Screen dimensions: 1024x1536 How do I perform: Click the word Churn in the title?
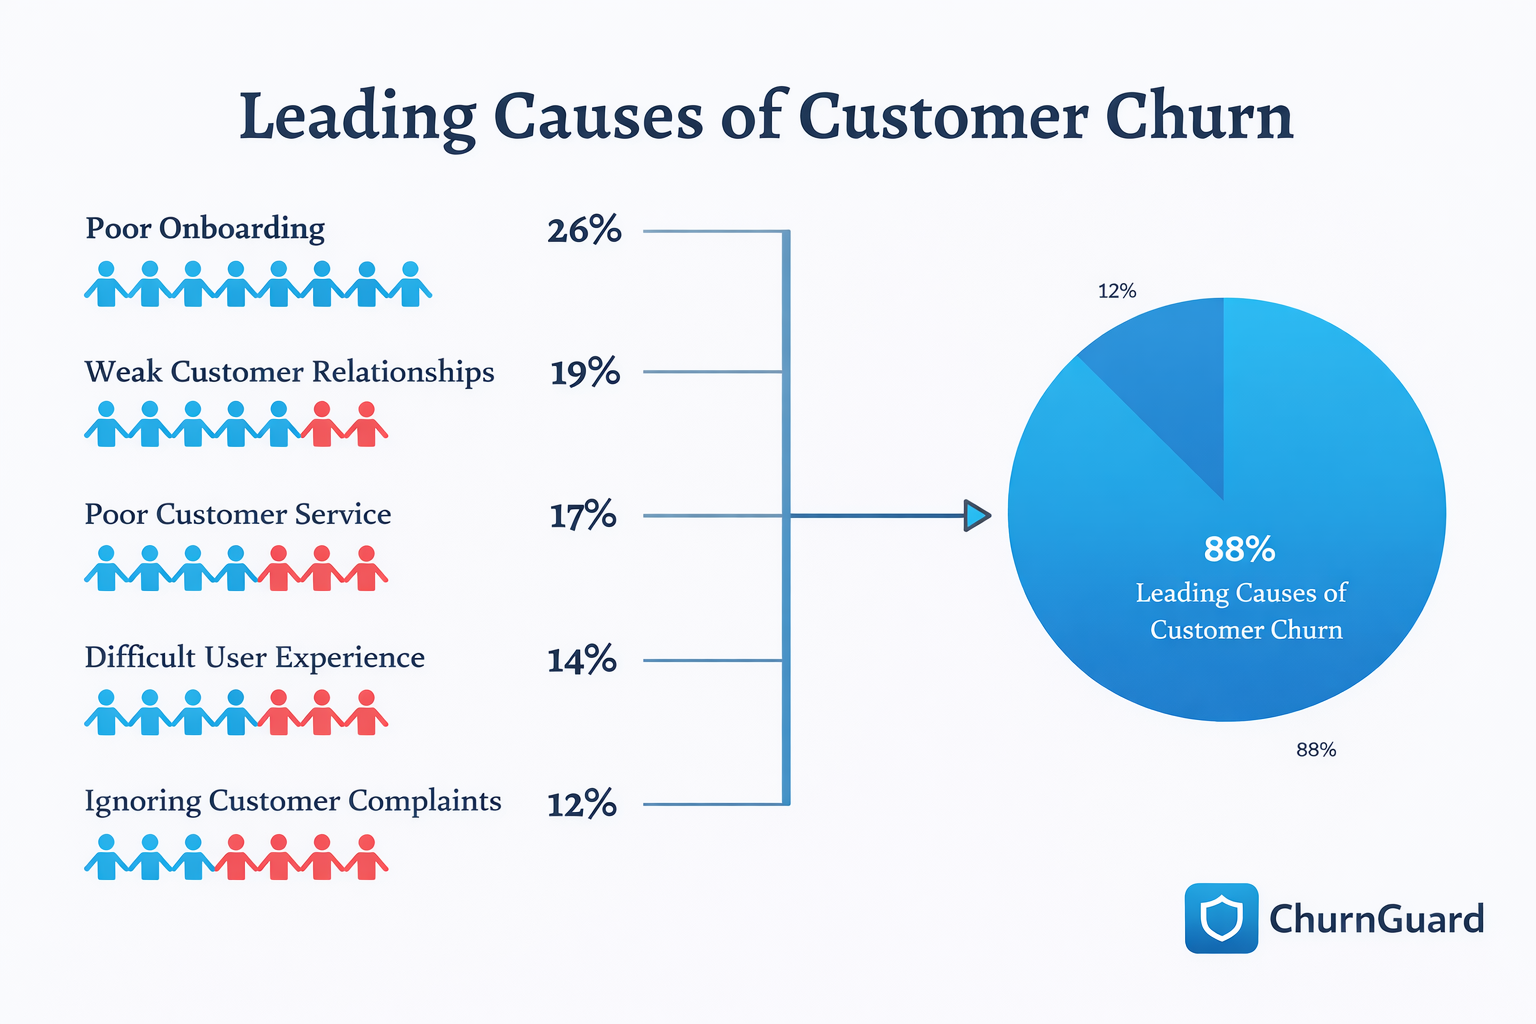[1198, 117]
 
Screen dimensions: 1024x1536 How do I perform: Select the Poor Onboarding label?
[205, 229]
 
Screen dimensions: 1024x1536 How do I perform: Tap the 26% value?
[584, 231]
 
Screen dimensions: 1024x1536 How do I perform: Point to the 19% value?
[585, 373]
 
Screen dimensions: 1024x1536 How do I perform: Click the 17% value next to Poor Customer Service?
[583, 516]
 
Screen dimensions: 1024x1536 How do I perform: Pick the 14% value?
[582, 660]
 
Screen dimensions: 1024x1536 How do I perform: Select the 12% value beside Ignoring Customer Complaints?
[582, 804]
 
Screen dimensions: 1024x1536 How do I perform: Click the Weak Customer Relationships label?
[289, 372]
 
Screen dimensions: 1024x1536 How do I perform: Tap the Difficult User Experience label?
[254, 658]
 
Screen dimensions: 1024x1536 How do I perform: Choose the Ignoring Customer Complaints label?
[292, 801]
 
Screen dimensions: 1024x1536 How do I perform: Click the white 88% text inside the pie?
[1239, 549]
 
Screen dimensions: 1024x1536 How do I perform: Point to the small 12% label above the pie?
[1117, 291]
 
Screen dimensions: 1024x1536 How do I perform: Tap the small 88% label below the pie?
[1316, 750]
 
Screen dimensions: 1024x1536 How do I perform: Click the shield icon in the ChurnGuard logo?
[1221, 918]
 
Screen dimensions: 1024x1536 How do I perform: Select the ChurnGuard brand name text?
[1376, 919]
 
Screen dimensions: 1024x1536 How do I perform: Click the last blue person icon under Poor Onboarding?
[410, 285]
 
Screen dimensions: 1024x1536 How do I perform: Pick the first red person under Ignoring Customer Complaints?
[236, 858]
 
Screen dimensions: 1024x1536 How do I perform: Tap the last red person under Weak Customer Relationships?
[366, 425]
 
